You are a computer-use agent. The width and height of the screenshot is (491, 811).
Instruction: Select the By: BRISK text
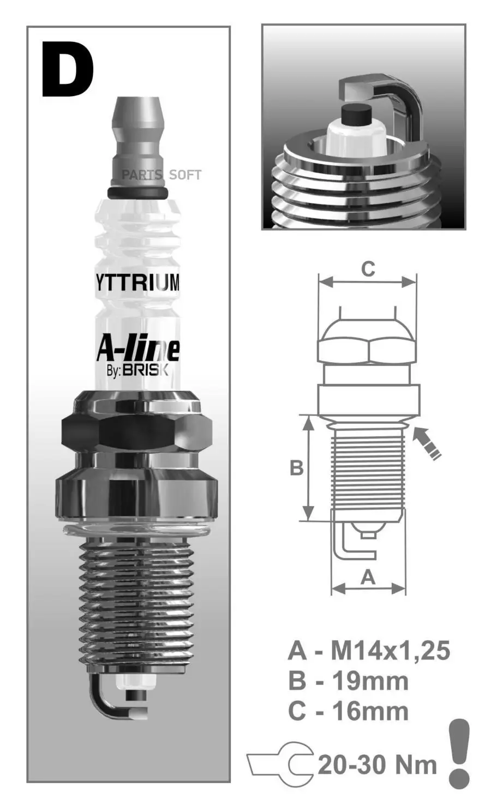pyautogui.click(x=137, y=370)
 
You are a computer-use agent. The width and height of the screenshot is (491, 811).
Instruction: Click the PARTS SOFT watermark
pyautogui.click(x=161, y=175)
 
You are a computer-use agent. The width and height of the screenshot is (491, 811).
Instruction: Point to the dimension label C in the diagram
pyautogui.click(x=368, y=269)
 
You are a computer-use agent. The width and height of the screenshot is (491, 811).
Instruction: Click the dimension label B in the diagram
pyautogui.click(x=296, y=468)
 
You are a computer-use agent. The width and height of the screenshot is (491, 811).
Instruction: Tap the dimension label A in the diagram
pyautogui.click(x=369, y=576)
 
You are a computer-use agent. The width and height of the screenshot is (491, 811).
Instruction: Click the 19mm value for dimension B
pyautogui.click(x=370, y=681)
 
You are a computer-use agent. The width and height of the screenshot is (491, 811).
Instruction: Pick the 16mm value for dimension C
pyautogui.click(x=370, y=712)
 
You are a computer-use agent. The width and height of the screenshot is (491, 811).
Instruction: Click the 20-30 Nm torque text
pyautogui.click(x=378, y=765)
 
